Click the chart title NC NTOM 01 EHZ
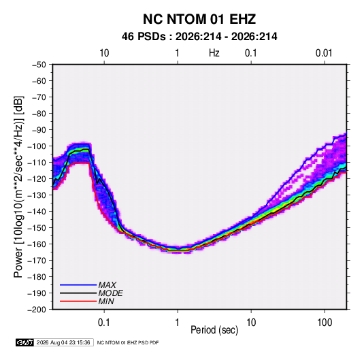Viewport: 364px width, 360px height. (x=199, y=19)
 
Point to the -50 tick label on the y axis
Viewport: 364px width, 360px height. (x=39, y=65)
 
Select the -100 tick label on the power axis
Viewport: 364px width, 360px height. (x=37, y=146)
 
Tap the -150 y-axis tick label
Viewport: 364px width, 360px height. (x=37, y=228)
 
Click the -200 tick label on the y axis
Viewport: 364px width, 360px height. (x=37, y=310)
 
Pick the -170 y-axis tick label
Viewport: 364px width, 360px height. (x=37, y=261)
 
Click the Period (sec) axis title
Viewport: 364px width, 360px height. (x=214, y=330)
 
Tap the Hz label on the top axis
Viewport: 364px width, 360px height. (x=214, y=53)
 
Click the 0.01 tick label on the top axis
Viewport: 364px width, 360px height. (x=324, y=53)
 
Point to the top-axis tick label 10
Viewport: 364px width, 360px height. (x=104, y=53)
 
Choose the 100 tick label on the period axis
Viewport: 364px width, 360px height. (x=325, y=323)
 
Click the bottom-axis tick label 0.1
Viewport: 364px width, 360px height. (x=104, y=323)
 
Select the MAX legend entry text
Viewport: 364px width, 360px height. (x=107, y=285)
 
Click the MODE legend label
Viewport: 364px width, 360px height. (x=110, y=293)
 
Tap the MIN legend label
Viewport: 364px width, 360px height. (x=106, y=301)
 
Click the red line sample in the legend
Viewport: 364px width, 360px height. (x=78, y=301)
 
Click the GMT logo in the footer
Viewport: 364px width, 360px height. (x=25, y=342)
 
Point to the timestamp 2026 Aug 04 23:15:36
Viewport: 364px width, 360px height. (x=63, y=342)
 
